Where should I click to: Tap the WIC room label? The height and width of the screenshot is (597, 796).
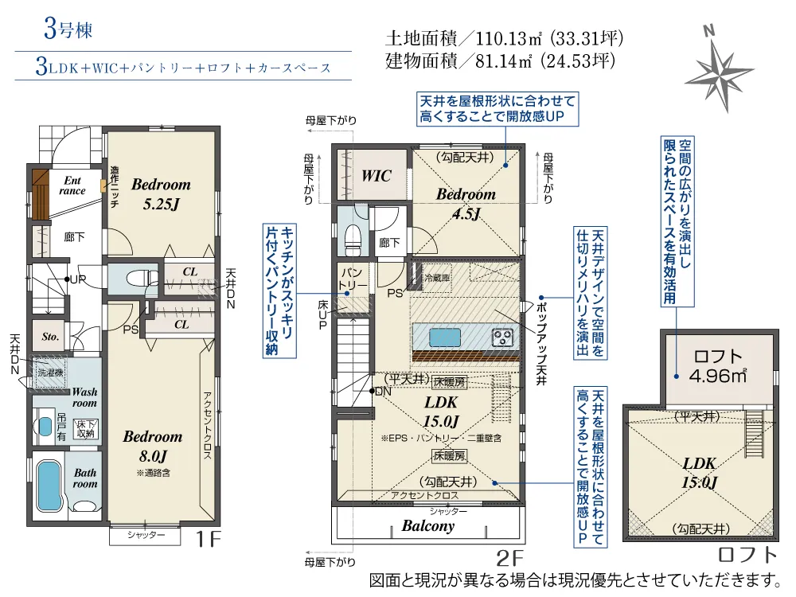(377, 176)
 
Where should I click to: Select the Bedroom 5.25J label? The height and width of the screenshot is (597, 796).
(161, 194)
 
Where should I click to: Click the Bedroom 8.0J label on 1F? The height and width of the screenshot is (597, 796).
(153, 446)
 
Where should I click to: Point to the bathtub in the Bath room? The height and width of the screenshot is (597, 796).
(49, 485)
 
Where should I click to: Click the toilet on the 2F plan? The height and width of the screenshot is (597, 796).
(353, 237)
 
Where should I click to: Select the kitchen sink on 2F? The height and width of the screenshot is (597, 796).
(445, 337)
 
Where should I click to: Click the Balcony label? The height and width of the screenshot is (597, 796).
(428, 526)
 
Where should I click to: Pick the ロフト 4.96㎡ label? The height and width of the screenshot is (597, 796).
(718, 365)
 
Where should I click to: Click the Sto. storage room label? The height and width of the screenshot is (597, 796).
(50, 337)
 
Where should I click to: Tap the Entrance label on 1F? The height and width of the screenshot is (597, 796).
(72, 185)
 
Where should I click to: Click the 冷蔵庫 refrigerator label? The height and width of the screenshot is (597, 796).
(437, 278)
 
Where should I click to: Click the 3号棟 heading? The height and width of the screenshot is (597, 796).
(68, 29)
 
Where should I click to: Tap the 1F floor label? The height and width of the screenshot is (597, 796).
(208, 539)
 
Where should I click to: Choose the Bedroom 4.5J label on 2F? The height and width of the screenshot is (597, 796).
(466, 204)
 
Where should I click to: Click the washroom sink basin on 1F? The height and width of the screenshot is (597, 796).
(45, 426)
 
